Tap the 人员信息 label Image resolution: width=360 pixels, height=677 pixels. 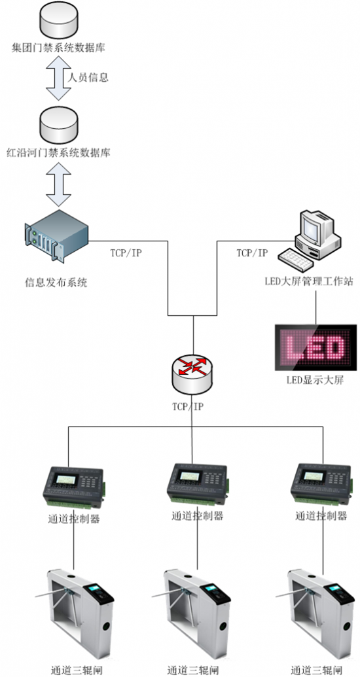click(88, 78)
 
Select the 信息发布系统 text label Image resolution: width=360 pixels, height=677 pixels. click(56, 283)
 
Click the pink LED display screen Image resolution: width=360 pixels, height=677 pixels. click(316, 347)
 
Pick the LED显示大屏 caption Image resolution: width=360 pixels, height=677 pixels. click(315, 381)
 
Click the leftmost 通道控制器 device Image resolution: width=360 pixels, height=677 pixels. click(73, 487)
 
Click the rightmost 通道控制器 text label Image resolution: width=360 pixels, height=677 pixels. click(321, 515)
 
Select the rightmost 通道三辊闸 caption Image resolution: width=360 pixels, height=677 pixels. click(317, 671)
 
